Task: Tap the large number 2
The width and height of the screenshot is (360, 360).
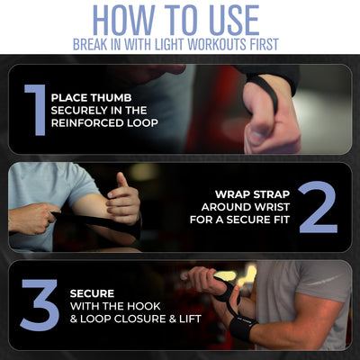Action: [319, 207]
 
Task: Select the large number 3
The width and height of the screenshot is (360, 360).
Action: [40, 305]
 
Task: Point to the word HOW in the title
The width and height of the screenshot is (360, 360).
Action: [125, 21]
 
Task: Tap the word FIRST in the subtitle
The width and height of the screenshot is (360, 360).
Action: [264, 44]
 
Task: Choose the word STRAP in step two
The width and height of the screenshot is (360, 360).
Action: [272, 194]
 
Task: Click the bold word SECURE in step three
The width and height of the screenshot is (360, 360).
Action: [92, 293]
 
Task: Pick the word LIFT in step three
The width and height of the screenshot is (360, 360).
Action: [190, 319]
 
